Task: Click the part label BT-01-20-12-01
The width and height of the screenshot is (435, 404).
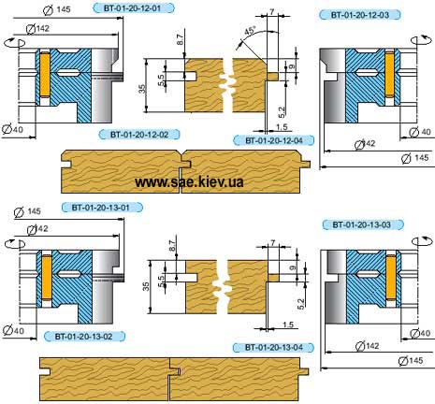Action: [x=134, y=8]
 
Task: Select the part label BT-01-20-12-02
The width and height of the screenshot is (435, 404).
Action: [x=139, y=135]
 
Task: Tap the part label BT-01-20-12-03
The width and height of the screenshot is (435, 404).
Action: [x=360, y=15]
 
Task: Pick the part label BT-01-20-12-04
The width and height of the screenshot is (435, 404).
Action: [x=274, y=140]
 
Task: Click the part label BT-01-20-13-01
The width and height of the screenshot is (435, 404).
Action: [x=102, y=208]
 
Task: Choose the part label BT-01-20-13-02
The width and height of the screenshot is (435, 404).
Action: [x=84, y=337]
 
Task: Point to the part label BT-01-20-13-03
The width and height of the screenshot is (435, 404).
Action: [x=363, y=224]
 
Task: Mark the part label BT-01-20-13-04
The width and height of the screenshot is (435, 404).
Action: [x=273, y=347]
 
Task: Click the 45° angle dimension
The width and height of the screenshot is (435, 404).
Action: [x=250, y=31]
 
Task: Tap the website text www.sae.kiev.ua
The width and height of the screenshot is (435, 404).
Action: [x=189, y=181]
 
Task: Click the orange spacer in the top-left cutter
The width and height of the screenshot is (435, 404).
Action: [x=45, y=74]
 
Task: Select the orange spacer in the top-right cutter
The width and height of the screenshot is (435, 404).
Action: [x=389, y=74]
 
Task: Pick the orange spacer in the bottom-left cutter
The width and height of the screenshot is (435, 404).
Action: [x=47, y=277]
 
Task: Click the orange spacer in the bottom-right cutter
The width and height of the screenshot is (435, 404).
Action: [x=391, y=277]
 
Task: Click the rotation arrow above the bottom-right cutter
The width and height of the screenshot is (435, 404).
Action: [x=424, y=241]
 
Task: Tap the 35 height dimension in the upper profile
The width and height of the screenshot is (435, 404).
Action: [x=142, y=89]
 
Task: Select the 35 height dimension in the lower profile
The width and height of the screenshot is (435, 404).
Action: [x=146, y=287]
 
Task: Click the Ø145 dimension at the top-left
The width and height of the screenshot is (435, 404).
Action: [x=56, y=10]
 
